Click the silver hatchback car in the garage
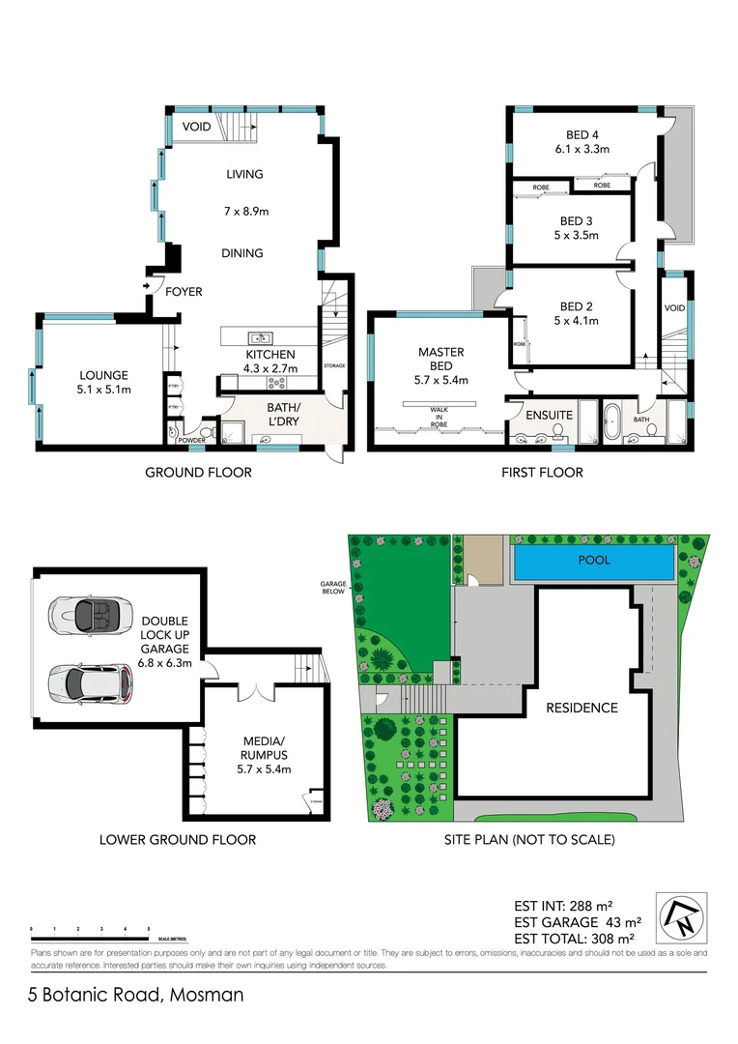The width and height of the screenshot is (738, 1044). point(85,682)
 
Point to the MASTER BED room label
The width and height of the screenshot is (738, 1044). point(440,359)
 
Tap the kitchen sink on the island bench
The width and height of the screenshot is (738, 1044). point(258,337)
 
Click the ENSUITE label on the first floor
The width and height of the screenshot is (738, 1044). point(549,415)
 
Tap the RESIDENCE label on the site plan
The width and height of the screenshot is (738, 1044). point(582,708)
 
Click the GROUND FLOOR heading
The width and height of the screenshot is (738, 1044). point(198,473)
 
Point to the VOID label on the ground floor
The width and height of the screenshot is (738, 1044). point(196,127)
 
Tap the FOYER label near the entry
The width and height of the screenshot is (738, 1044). point(184,291)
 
